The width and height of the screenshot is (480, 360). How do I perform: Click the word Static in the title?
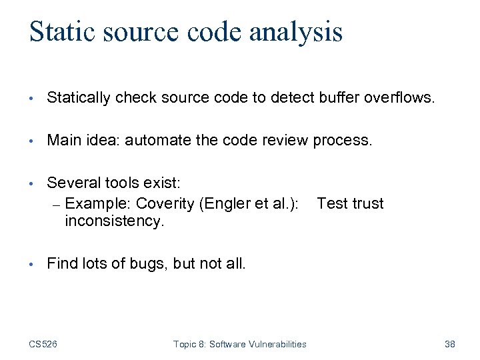click(x=62, y=32)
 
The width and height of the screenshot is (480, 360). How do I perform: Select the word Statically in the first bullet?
click(x=80, y=99)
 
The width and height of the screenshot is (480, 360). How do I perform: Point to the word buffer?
click(x=339, y=99)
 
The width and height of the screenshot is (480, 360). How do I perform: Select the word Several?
click(x=72, y=183)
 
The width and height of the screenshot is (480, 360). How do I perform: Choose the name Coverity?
click(x=165, y=203)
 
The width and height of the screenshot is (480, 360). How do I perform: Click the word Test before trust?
click(x=332, y=203)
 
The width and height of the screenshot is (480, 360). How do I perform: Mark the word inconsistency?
click(x=114, y=221)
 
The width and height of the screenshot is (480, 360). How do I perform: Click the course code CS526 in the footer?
click(x=43, y=344)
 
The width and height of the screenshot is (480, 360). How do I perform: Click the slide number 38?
click(x=449, y=344)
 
